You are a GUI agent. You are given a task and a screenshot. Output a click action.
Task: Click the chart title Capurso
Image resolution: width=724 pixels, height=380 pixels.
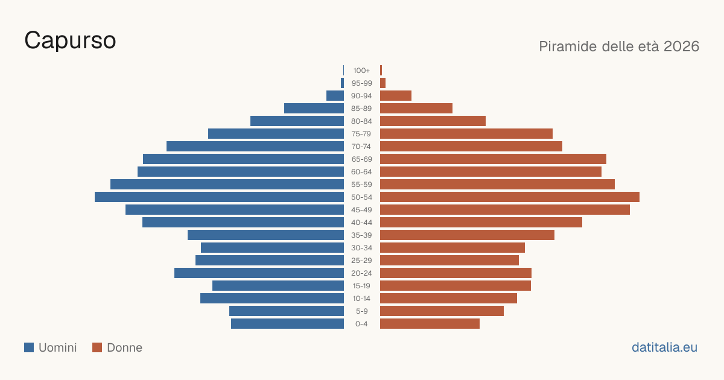[x=70, y=41]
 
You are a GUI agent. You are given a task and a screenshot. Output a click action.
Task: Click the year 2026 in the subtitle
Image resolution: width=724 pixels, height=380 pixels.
[x=681, y=46]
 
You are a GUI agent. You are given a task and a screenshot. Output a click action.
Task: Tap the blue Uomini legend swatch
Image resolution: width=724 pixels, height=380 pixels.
[x=29, y=347]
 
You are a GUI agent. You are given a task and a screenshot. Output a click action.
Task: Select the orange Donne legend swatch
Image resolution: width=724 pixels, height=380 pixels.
[x=97, y=347]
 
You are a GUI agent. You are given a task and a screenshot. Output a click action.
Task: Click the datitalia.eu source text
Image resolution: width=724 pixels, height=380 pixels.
[x=664, y=347]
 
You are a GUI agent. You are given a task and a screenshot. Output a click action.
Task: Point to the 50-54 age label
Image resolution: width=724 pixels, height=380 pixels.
[x=361, y=197]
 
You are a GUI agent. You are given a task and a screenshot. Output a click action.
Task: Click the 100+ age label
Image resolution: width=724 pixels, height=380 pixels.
[x=361, y=71]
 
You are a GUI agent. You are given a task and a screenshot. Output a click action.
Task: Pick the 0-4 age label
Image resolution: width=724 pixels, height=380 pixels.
[x=361, y=324]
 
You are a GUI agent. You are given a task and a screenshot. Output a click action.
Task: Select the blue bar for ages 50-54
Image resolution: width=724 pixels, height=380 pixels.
[x=219, y=197]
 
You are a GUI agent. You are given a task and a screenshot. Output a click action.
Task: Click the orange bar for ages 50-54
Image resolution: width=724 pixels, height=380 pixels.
[x=510, y=197]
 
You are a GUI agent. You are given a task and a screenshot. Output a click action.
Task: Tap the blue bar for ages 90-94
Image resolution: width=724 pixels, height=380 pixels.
[x=335, y=96]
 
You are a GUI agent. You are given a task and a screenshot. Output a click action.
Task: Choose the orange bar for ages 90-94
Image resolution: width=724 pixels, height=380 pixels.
[x=396, y=96]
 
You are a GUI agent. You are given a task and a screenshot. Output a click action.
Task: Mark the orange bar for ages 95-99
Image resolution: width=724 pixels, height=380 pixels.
[x=383, y=83]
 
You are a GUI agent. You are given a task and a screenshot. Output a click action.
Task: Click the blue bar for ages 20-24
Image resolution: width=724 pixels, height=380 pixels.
[x=259, y=273]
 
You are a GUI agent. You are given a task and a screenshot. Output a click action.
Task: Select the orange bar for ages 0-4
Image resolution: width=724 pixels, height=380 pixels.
[x=430, y=324]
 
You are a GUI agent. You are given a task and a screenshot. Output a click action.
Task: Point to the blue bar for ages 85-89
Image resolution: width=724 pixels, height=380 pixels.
[x=314, y=108]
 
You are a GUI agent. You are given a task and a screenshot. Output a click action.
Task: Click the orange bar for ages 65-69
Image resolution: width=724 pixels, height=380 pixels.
[x=494, y=159]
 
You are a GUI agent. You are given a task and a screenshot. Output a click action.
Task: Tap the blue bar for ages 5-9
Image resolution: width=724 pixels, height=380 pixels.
[x=287, y=311]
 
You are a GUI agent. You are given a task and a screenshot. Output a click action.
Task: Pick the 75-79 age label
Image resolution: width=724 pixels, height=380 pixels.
[x=361, y=134]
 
